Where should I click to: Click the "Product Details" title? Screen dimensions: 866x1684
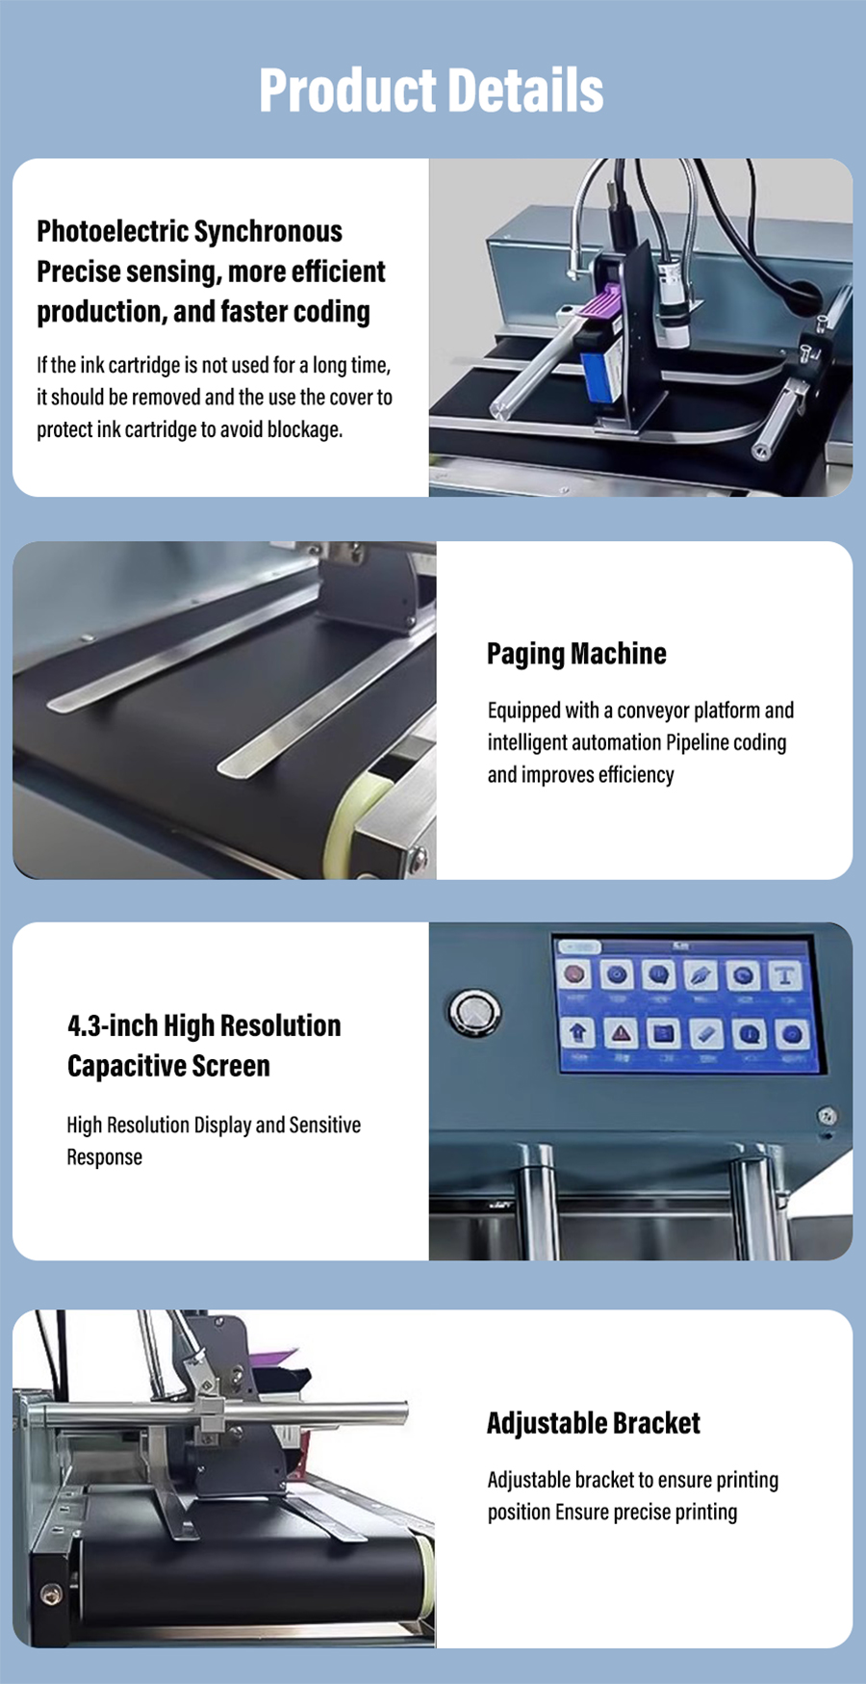[432, 91]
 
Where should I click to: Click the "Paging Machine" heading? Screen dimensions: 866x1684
[576, 654]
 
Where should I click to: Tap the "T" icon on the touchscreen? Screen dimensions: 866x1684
[785, 975]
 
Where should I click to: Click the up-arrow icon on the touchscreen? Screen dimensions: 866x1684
[577, 1034]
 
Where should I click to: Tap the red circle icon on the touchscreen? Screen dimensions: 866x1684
[575, 974]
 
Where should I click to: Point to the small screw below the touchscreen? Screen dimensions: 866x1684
[826, 1116]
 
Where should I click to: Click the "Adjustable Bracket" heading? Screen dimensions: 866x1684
[594, 1423]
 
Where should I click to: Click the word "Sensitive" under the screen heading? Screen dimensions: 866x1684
[325, 1125]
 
